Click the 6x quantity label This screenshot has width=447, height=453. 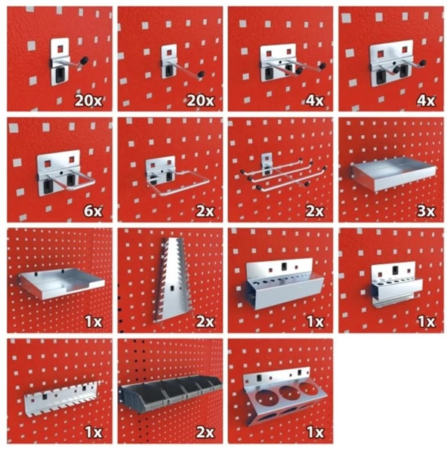point(93,211)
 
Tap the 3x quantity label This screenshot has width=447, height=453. point(426,211)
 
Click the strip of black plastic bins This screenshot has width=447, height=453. point(172,393)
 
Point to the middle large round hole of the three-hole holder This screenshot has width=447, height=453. point(290,393)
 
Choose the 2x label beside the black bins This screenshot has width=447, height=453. point(205,432)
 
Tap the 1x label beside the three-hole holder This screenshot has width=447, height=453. point(315,432)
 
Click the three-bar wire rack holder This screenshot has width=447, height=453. point(283,173)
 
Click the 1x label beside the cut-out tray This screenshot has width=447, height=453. point(94,322)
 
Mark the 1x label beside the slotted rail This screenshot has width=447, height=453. point(94,432)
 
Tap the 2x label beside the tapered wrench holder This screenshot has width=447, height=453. point(205,322)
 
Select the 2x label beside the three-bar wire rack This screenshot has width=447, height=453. point(315,211)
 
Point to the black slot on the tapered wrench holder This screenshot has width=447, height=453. point(172,288)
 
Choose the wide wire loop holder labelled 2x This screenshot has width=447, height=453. point(177,177)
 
